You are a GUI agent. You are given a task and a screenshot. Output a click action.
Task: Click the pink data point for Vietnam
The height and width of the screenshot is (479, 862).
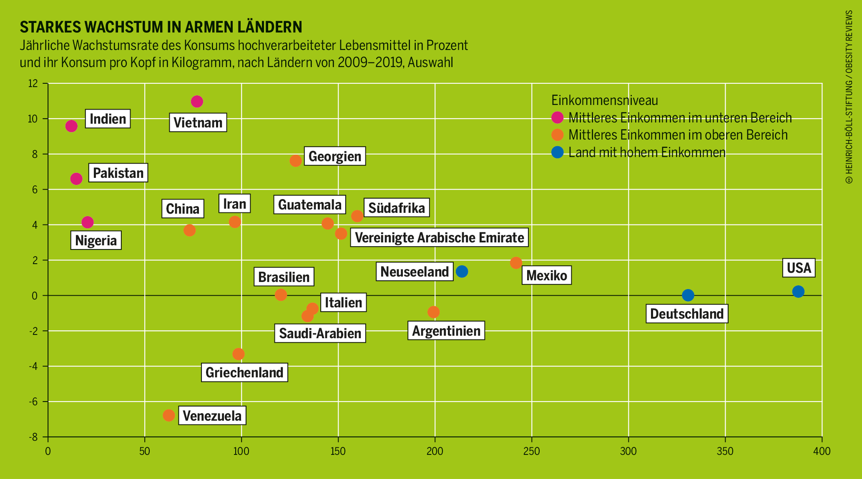(197, 102)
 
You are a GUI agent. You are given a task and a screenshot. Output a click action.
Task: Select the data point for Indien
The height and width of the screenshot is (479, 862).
(71, 126)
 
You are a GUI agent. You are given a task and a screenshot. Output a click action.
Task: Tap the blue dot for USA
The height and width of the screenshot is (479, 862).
(798, 292)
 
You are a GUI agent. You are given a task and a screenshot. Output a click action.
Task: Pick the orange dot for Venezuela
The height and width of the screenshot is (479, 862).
(168, 415)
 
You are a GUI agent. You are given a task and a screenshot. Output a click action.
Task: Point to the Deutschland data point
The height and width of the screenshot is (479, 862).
(688, 295)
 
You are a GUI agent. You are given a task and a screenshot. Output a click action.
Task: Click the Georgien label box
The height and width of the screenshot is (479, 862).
(334, 156)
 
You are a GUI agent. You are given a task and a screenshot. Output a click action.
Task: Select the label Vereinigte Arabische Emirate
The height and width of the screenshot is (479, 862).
(439, 237)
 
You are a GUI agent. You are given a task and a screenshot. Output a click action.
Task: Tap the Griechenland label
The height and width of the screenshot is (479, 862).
(244, 372)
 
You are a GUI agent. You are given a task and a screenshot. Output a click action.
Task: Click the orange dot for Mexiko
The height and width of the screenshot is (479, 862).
(516, 263)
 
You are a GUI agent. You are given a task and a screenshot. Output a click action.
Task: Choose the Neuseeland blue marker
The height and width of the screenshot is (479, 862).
(462, 272)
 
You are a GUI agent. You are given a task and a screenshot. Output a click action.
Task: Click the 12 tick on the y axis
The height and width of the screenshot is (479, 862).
(33, 84)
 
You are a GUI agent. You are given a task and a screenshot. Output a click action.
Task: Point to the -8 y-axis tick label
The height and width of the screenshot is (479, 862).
(33, 437)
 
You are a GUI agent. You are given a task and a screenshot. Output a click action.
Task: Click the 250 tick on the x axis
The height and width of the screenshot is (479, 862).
(531, 452)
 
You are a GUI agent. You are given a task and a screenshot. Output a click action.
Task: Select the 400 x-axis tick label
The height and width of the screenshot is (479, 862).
(822, 452)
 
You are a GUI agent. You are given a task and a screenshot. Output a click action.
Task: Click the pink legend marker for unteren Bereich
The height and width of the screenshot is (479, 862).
(557, 117)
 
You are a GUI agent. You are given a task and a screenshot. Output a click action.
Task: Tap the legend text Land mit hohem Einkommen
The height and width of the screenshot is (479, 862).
(647, 152)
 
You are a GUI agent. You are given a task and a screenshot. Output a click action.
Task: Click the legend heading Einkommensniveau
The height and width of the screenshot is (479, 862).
(604, 100)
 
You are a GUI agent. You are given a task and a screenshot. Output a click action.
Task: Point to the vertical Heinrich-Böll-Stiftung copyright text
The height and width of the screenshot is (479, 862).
(849, 97)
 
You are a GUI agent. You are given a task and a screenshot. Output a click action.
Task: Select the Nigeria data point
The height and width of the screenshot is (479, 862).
(88, 222)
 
